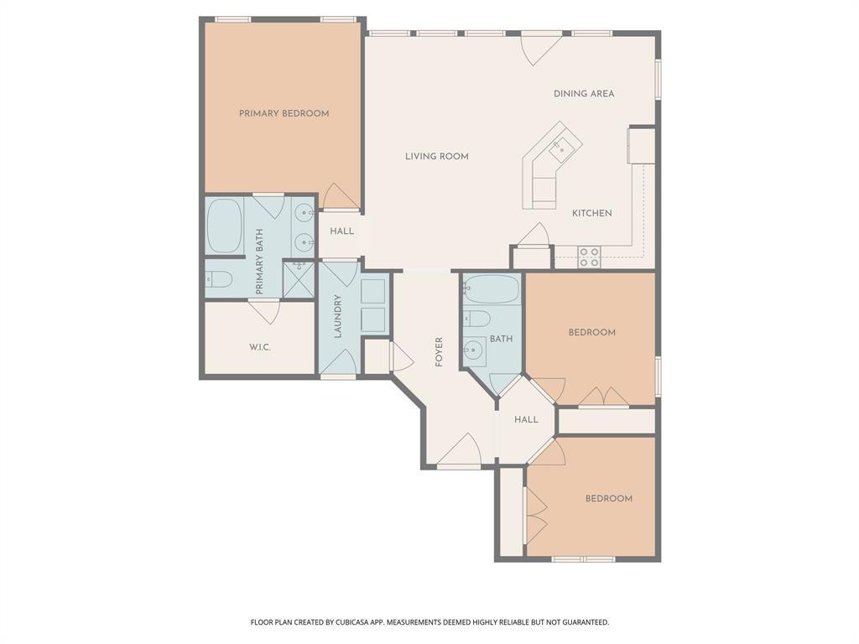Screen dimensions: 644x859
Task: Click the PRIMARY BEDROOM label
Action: point(284,113)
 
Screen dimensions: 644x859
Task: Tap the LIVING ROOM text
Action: point(436,156)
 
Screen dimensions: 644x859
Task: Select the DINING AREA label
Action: point(583,94)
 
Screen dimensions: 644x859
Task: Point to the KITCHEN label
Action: point(591,213)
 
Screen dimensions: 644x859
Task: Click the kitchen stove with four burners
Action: point(589,257)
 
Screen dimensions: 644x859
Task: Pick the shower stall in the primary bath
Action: point(298,279)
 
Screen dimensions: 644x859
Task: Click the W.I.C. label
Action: point(259,347)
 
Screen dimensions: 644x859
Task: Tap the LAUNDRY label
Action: point(338,316)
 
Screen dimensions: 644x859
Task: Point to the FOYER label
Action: point(438,351)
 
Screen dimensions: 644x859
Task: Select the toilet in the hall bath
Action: point(476,319)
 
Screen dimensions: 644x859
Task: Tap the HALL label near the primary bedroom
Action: point(341,231)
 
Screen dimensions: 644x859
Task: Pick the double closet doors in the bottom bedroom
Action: point(534,512)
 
